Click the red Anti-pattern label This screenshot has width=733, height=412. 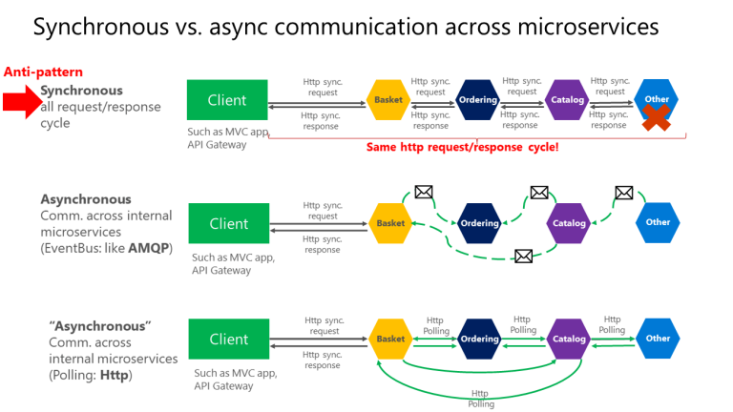43,72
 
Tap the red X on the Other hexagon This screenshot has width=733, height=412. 655,117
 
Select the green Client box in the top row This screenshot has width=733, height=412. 227,100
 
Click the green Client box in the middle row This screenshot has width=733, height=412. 229,223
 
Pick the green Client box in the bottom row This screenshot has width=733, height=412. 229,339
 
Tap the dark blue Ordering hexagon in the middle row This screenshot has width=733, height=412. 479,223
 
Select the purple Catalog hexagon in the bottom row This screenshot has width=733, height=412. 569,339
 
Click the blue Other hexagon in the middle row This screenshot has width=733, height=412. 658,222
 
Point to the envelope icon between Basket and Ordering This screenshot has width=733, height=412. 424,192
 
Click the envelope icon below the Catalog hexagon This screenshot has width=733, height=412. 523,256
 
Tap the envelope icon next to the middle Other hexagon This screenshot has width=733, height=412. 624,193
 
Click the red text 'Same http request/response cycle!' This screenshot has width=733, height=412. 463,147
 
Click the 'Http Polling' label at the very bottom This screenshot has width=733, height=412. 481,399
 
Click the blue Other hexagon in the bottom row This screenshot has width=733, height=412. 658,339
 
